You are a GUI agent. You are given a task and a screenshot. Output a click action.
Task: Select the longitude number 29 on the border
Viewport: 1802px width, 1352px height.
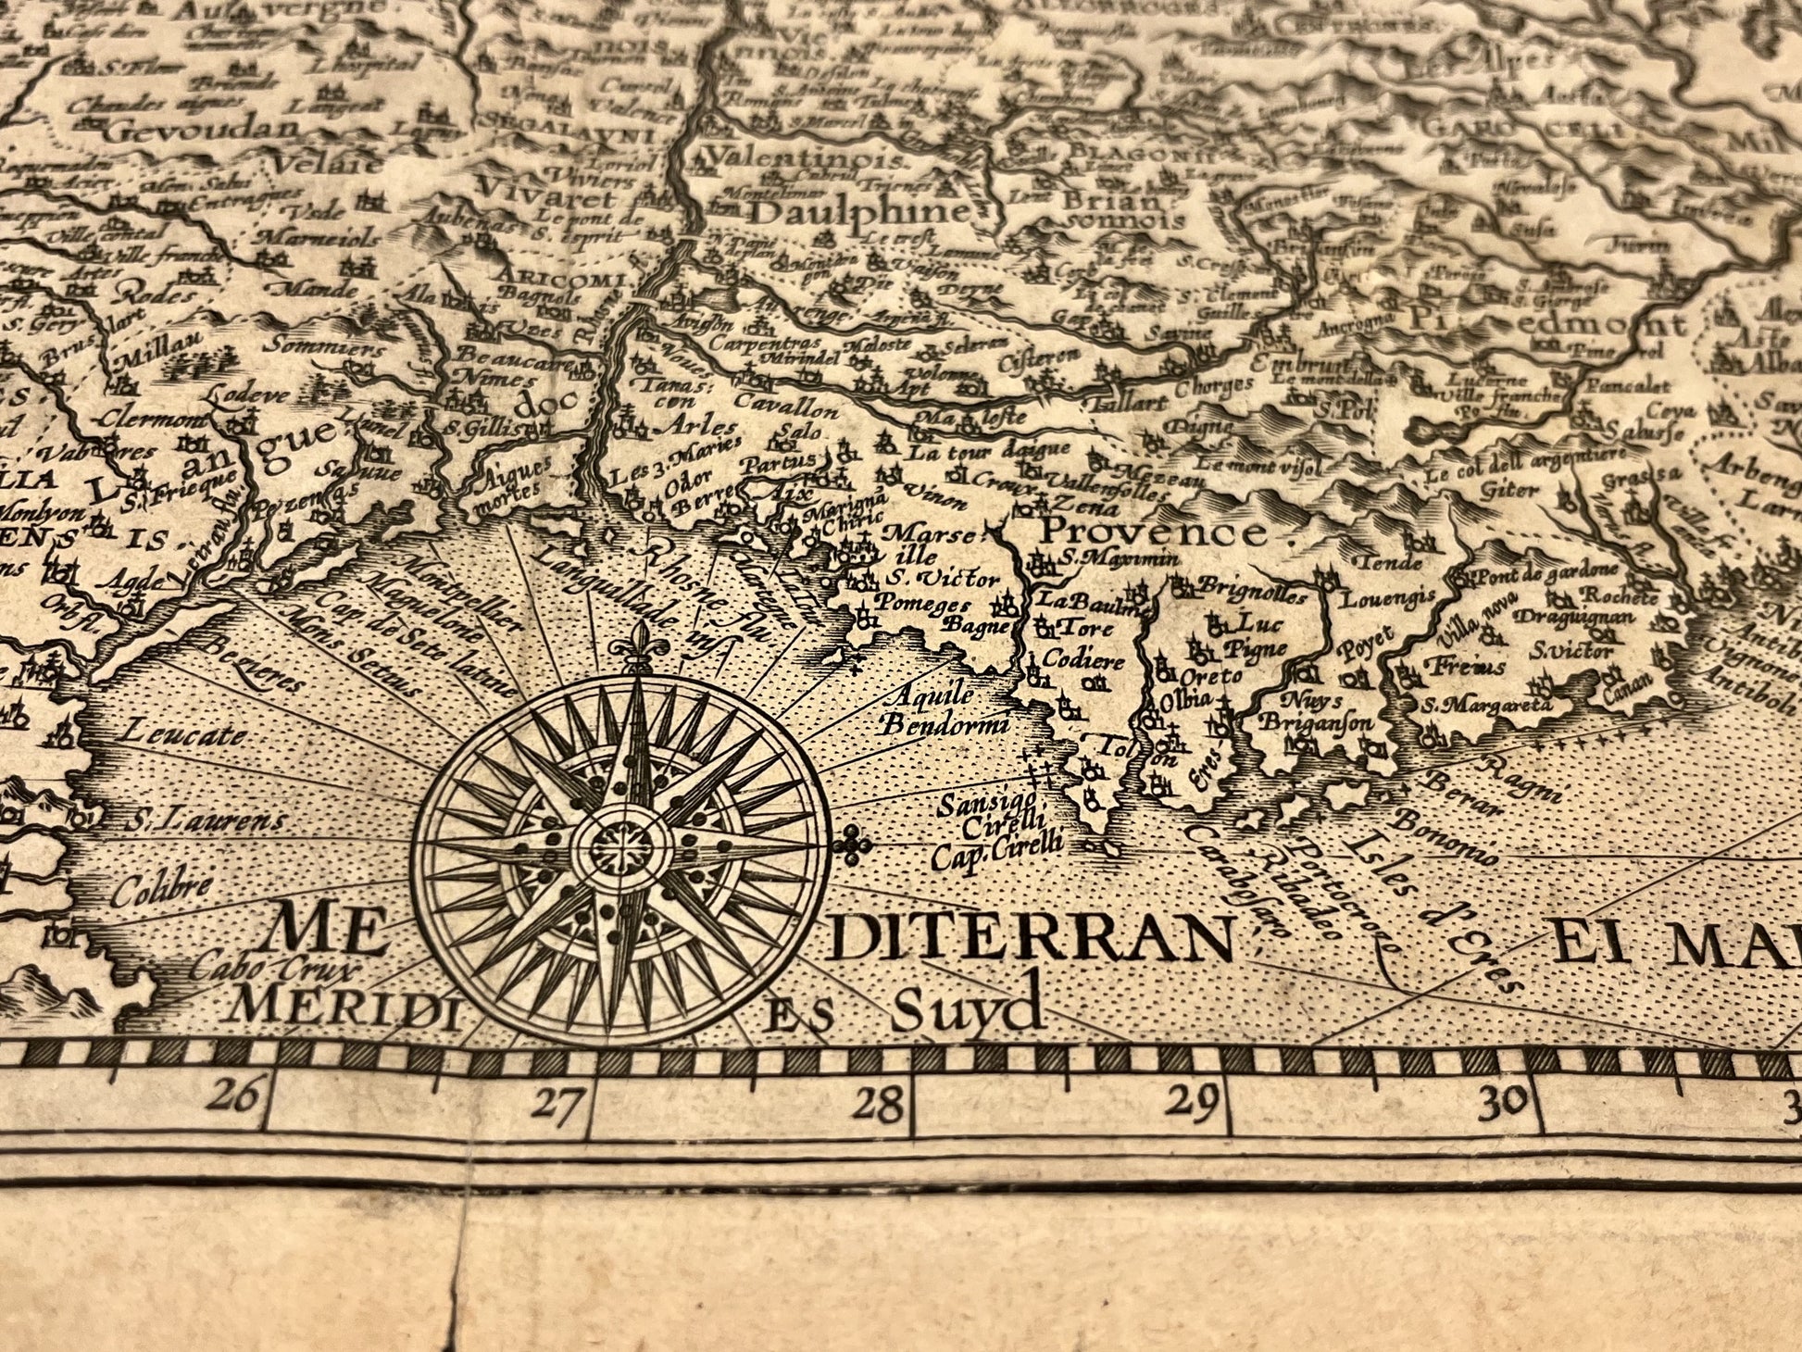tap(1191, 1102)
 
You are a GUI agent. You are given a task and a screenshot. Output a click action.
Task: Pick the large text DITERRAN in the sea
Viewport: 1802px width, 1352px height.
tap(1033, 941)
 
